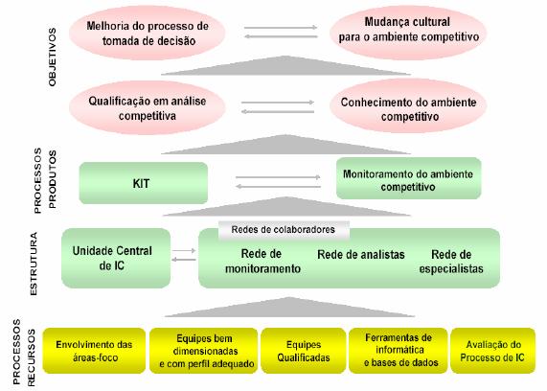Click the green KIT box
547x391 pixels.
point(144,183)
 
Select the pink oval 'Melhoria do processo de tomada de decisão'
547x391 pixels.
point(148,33)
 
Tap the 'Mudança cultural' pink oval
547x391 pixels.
point(408,33)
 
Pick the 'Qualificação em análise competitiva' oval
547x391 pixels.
point(148,107)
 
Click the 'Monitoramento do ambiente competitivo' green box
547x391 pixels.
point(408,178)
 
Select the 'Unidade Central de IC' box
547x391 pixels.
point(116,258)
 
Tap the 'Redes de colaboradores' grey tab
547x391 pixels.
point(284,230)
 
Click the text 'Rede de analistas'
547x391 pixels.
point(361,255)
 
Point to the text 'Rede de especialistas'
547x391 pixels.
point(451,261)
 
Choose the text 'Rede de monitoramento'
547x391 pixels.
point(262,261)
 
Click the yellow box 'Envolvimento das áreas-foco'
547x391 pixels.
point(94,351)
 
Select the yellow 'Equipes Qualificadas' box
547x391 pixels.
point(303,351)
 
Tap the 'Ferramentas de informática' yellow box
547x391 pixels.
point(399,351)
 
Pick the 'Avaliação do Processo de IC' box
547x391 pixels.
point(492,351)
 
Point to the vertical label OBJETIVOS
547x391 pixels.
point(53,57)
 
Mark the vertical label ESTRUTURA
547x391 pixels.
point(34,264)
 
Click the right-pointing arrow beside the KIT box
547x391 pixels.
point(278,177)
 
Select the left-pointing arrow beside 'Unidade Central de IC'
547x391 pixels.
point(184,260)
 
